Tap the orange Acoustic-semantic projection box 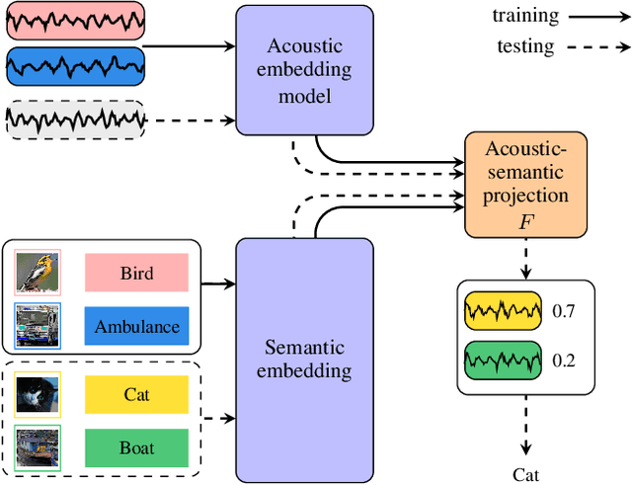[x=525, y=186]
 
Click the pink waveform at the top [x=75, y=20]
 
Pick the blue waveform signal [x=75, y=67]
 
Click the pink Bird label [x=136, y=273]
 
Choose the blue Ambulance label [x=136, y=326]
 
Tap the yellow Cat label [x=136, y=394]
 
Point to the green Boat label [x=136, y=447]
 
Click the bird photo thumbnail [x=39, y=272]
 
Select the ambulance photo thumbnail [x=39, y=325]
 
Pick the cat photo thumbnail [x=39, y=394]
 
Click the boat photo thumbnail [x=39, y=447]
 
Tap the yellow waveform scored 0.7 [x=503, y=312]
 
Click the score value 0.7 [x=564, y=312]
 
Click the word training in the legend [x=525, y=16]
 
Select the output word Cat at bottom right [x=525, y=474]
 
